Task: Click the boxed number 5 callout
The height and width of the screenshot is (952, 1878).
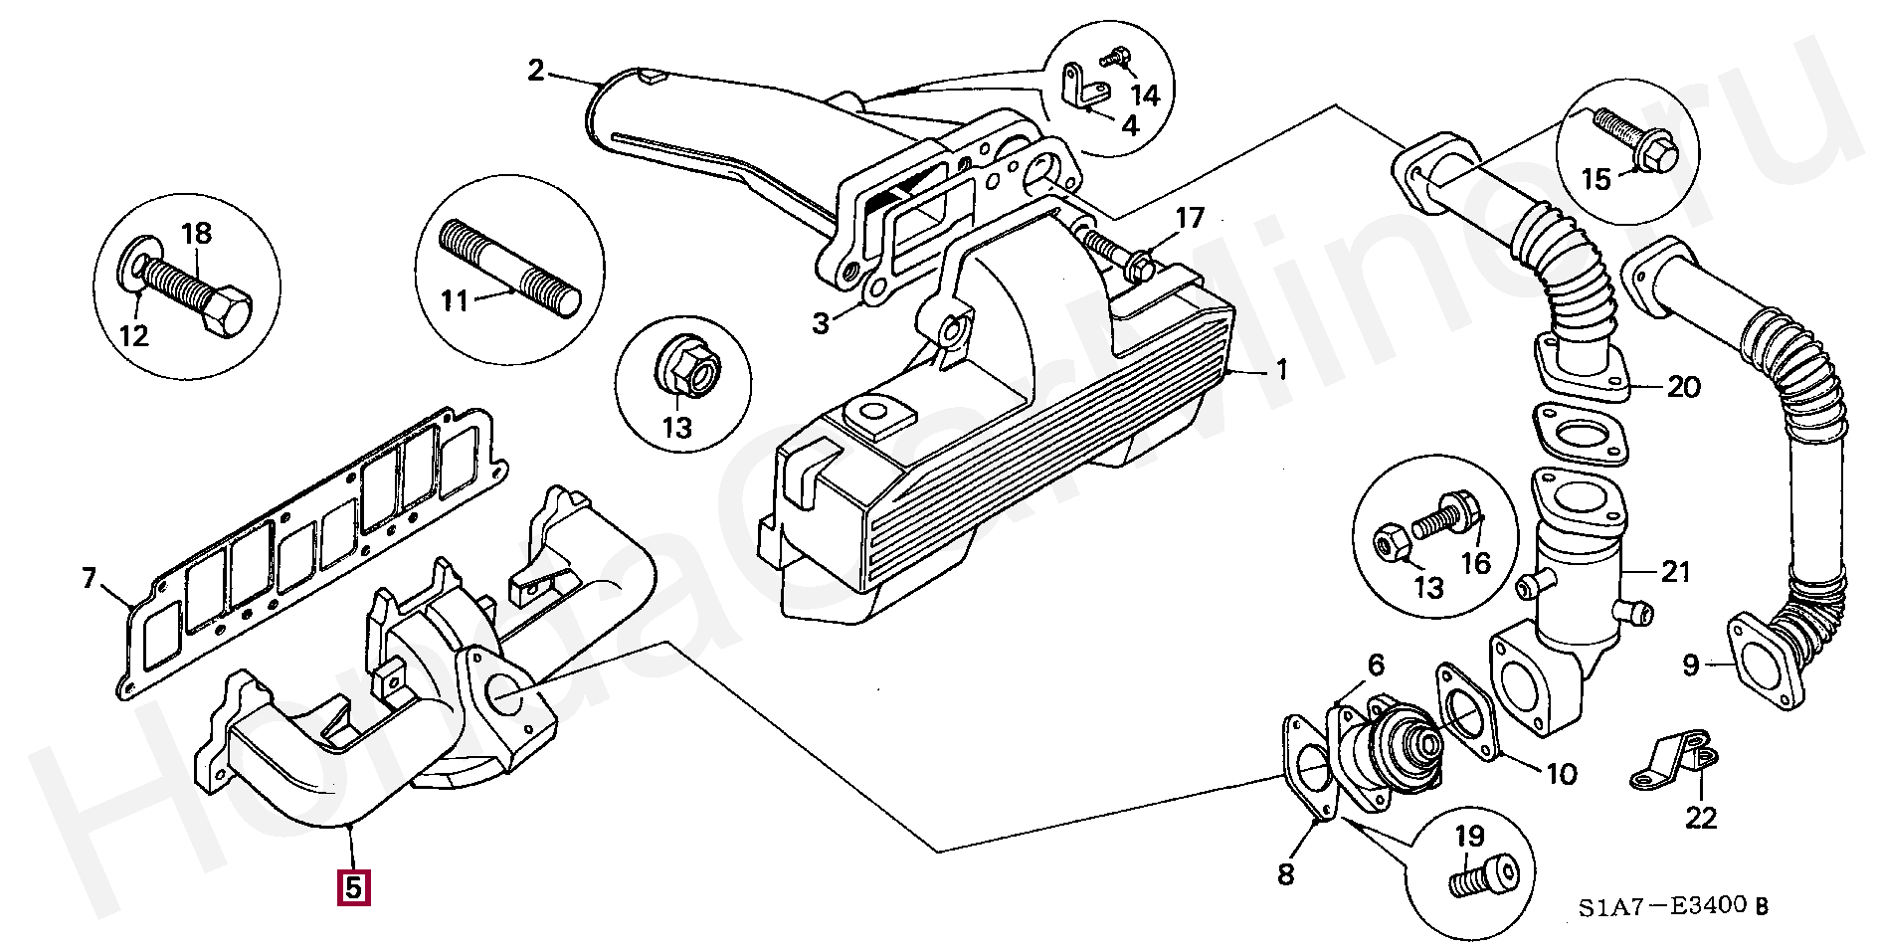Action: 353,887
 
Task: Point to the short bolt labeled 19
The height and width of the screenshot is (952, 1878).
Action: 1483,876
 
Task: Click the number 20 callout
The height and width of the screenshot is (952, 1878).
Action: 1683,386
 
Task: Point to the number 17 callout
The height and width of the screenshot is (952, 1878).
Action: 1190,218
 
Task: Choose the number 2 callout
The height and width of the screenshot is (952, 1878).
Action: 536,71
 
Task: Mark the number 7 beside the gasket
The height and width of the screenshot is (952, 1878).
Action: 90,578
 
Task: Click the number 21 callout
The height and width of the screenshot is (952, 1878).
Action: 1676,572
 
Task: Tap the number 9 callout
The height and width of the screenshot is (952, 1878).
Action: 1691,665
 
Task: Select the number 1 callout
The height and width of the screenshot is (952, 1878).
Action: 1282,370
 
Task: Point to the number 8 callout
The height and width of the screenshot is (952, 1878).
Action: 1286,874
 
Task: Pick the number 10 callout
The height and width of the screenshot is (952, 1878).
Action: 1562,773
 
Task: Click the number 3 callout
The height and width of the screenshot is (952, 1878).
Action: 821,323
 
